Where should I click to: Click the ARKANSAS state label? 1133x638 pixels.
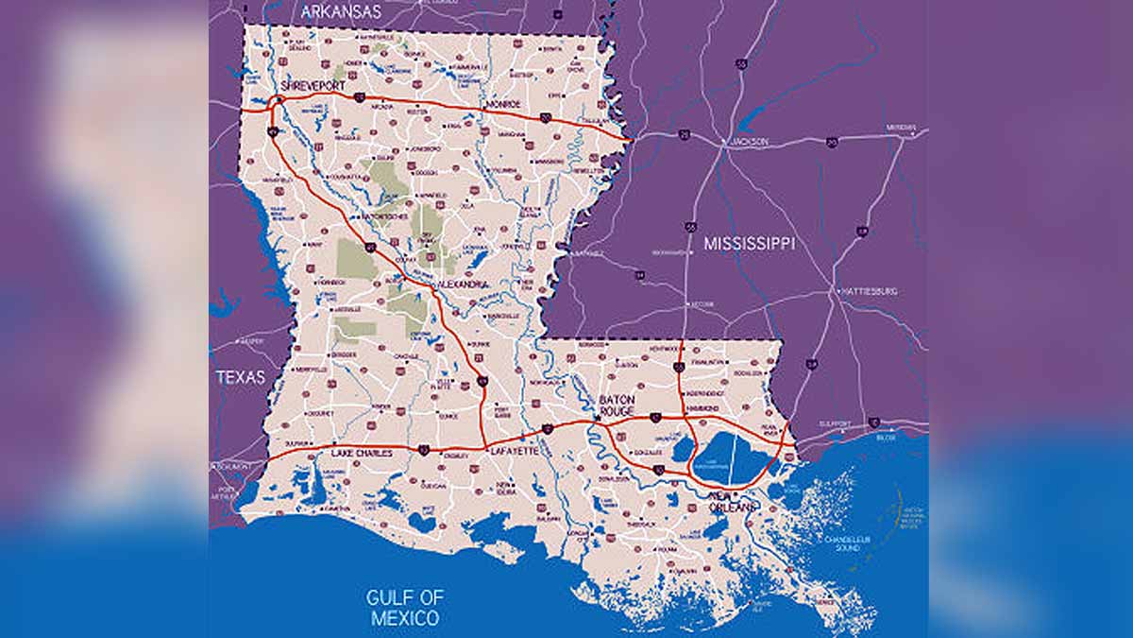tap(341, 12)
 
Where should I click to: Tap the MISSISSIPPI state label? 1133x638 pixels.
tap(750, 244)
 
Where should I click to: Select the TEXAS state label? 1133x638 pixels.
tap(240, 377)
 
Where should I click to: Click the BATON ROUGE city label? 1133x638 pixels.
tap(617, 406)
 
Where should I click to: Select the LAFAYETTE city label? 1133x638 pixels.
tap(515, 453)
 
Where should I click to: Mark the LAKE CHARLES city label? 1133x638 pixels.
tap(361, 454)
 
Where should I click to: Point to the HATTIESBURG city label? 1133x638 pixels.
tap(867, 292)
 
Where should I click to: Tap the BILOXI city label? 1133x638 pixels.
tap(886, 438)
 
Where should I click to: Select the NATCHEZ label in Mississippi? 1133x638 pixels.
tap(588, 253)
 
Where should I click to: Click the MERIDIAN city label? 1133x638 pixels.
tap(901, 127)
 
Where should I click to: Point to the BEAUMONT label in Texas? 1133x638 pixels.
tap(232, 466)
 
